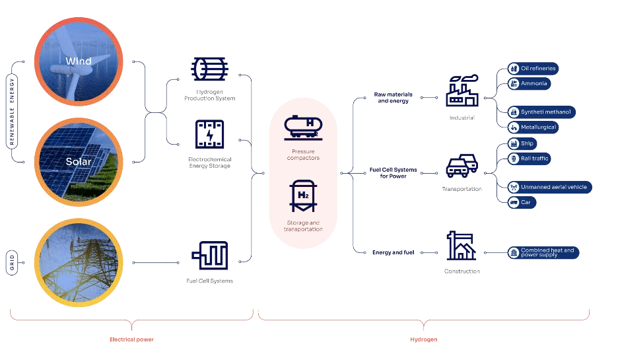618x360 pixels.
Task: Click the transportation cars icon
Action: tap(462, 166)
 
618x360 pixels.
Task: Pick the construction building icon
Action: tap(462, 246)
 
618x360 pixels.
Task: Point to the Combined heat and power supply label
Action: tap(545, 253)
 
